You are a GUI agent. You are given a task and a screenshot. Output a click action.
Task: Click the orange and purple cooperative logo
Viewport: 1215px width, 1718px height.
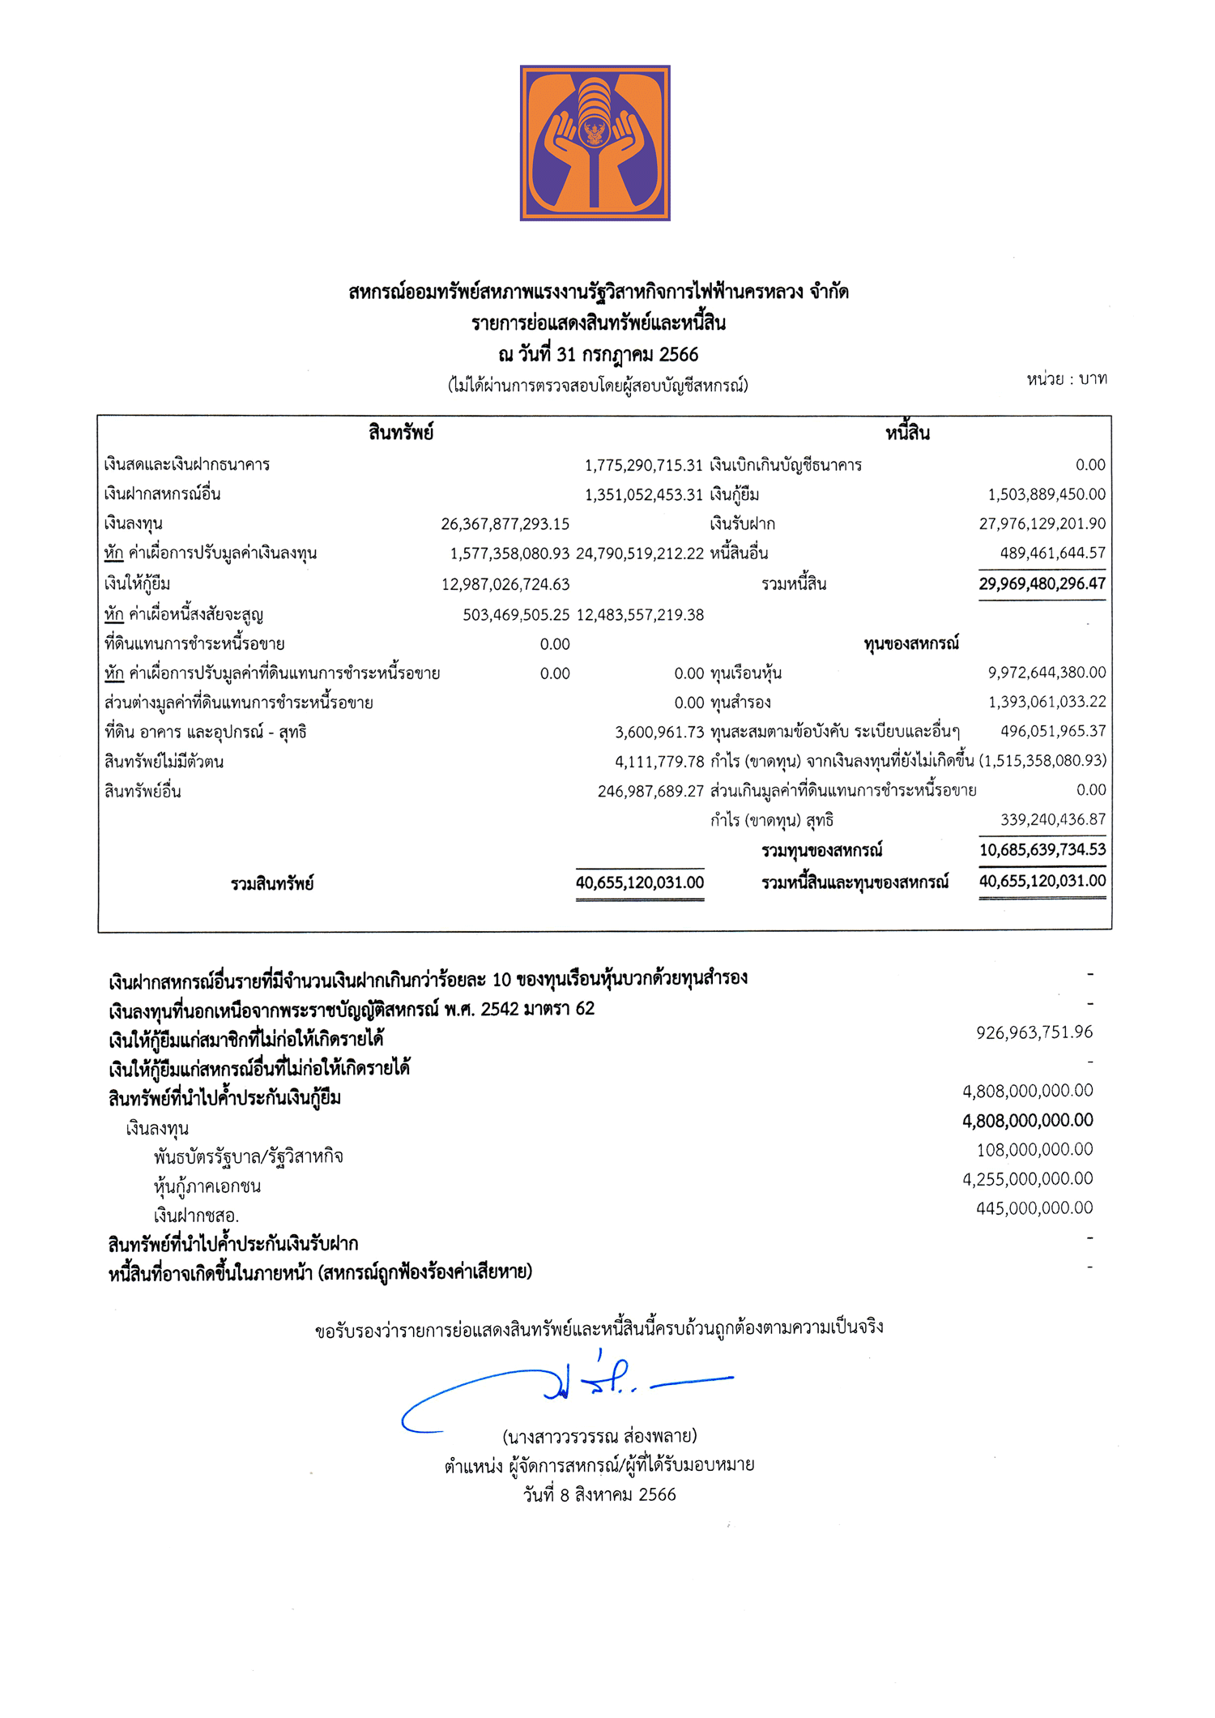point(595,143)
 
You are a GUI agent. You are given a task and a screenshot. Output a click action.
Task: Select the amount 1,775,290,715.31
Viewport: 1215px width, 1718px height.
point(644,465)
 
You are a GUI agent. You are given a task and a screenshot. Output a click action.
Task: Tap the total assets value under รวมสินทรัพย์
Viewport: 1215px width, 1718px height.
point(640,883)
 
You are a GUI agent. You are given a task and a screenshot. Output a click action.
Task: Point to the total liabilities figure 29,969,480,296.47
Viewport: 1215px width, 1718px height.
point(1042,583)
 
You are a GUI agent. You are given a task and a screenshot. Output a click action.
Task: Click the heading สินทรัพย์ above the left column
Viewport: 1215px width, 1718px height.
point(401,433)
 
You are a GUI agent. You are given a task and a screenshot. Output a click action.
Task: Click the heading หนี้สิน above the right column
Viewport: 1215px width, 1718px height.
point(907,433)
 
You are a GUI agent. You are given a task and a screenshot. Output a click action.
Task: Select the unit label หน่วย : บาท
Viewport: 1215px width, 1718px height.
point(1066,378)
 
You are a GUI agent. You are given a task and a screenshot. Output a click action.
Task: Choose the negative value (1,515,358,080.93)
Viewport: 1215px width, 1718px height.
point(1042,760)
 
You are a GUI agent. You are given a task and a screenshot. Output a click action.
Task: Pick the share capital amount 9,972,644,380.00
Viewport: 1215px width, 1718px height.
point(1047,673)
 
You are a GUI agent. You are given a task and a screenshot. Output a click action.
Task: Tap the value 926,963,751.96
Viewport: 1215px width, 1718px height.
point(1034,1032)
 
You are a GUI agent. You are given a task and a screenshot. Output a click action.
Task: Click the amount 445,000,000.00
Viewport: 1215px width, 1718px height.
point(1034,1208)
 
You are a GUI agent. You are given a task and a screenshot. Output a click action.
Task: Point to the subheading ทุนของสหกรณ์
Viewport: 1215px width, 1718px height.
point(911,643)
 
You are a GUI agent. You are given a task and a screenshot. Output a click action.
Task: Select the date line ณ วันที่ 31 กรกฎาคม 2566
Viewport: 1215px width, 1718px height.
point(598,354)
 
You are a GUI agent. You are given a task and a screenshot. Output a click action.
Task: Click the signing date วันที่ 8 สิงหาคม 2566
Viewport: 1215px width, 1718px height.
point(599,1494)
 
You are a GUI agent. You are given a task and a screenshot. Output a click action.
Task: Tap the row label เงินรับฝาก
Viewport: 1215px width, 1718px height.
point(742,524)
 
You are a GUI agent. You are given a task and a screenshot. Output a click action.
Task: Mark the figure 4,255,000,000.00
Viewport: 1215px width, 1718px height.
point(1027,1179)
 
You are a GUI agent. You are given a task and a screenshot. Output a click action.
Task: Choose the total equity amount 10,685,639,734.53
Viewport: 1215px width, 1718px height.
point(1042,849)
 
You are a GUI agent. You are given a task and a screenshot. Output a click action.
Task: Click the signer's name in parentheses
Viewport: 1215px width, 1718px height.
point(599,1436)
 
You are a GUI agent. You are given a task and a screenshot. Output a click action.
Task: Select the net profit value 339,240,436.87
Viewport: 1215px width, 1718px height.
point(1053,819)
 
